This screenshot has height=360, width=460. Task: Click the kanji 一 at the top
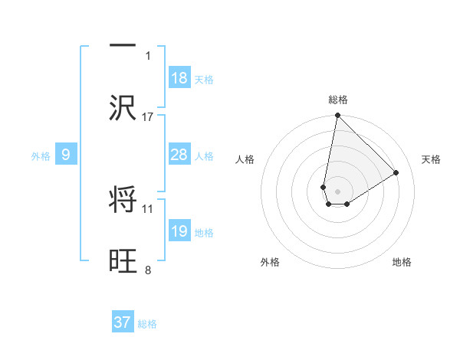pos(123,45)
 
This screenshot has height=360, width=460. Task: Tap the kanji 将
pos(123,200)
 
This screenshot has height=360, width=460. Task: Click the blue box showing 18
pos(179,77)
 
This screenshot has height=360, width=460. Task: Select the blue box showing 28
pos(179,155)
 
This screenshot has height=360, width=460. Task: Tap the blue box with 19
pos(179,231)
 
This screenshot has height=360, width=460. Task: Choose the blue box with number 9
pos(66,155)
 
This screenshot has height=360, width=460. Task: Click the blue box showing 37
pos(123,322)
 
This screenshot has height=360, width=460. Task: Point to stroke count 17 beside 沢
pos(148,116)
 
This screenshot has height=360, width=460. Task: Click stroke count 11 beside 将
pos(148,208)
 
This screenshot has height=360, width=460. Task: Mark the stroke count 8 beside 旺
pos(148,270)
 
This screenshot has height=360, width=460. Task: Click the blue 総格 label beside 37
pos(147,324)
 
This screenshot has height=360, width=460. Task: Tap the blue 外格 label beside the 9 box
pos(41,155)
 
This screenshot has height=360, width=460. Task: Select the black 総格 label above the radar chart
pos(338,100)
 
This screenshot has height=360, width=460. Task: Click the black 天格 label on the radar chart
pos(432,159)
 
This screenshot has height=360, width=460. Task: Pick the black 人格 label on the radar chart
pos(245,159)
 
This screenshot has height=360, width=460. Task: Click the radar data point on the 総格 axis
pos(337,116)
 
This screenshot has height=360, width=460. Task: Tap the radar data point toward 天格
pos(396,173)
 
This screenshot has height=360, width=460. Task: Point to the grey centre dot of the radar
pos(337,191)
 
